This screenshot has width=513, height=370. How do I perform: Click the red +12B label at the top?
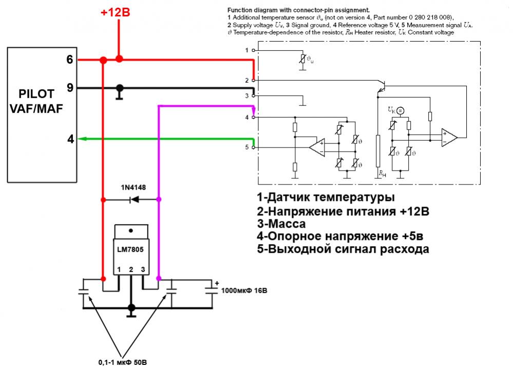[x=115, y=12]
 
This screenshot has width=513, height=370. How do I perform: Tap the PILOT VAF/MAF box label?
[x=36, y=101]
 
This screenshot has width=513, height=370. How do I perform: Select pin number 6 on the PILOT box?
[x=70, y=59]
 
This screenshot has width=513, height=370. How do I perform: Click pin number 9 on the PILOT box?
[x=70, y=87]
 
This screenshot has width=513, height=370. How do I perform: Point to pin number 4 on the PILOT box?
[x=70, y=139]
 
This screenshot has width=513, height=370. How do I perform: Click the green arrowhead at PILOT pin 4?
[x=82, y=139]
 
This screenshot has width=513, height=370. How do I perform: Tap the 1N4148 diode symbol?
[x=135, y=199]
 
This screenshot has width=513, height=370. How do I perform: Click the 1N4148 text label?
[x=134, y=187]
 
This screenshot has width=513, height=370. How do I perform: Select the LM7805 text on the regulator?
[x=130, y=250]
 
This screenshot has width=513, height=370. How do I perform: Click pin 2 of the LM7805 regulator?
[x=131, y=269]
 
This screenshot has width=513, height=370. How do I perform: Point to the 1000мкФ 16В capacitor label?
[x=244, y=290]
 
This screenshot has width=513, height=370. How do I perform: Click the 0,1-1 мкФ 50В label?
[x=123, y=362]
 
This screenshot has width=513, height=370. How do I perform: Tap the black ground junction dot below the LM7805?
[x=131, y=308]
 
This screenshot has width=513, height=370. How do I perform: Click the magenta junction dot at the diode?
[x=159, y=199]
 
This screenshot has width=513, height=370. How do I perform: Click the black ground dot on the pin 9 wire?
[x=120, y=88]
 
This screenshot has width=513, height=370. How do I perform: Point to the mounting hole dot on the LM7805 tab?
[x=131, y=231]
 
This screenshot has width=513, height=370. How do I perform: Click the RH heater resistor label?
[x=382, y=174]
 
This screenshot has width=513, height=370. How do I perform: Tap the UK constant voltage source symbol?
[x=400, y=110]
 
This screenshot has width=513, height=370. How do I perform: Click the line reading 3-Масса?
[x=281, y=224]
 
